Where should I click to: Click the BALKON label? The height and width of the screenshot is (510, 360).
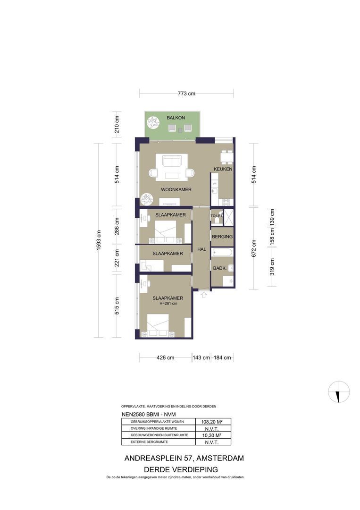coord(176,118)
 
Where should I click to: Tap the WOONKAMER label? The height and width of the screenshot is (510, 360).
coord(176,190)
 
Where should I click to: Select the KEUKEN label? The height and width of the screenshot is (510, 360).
coord(223,169)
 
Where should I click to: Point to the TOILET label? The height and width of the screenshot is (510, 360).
coord(217,216)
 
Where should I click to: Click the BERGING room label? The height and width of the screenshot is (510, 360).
coord(222,237)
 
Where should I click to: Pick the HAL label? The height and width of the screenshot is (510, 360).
coord(201,249)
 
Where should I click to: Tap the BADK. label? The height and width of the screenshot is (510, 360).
coord(220,268)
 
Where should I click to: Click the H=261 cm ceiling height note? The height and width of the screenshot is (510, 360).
coord(168,304)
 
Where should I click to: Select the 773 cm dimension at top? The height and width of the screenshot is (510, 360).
coord(186,93)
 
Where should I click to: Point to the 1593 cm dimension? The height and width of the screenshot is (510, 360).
coord(99,240)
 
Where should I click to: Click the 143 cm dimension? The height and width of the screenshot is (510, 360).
coord(201,358)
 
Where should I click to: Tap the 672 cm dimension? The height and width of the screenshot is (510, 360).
coord(254,248)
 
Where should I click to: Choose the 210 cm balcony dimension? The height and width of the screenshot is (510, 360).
coord(117,124)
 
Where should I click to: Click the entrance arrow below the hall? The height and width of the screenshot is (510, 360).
coord(204,295)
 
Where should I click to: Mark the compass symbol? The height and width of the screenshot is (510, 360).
coord(339,391)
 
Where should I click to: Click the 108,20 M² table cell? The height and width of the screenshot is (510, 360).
coord(211,422)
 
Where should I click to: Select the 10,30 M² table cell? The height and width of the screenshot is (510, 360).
coord(211,435)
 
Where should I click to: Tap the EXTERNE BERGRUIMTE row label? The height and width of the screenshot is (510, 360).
coord(149,442)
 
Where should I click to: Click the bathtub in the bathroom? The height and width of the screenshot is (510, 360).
coord(222,252)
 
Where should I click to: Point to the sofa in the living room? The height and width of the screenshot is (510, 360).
coord(172,161)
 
